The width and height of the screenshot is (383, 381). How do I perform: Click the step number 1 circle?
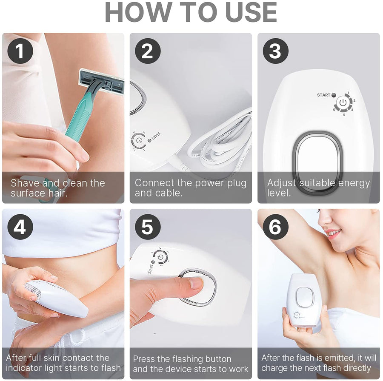coord(20,51)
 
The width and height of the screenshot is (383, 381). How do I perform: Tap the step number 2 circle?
coord(148,51)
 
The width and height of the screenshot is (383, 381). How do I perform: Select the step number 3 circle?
coord(275,51)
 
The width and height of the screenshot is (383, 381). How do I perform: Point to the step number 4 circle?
coord(20,227)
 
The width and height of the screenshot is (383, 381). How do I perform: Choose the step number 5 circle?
coord(148,227)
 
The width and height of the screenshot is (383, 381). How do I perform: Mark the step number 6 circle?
coord(275,227)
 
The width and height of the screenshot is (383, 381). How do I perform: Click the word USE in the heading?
coord(251,12)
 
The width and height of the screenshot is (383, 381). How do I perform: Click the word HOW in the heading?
coord(138,12)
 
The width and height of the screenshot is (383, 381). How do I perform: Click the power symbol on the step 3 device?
coord(343,103)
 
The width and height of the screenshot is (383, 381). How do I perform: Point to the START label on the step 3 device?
coord(323,95)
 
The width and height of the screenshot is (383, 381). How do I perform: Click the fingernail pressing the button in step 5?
coord(196,283)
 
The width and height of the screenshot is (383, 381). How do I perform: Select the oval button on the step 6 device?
coord(305,297)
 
